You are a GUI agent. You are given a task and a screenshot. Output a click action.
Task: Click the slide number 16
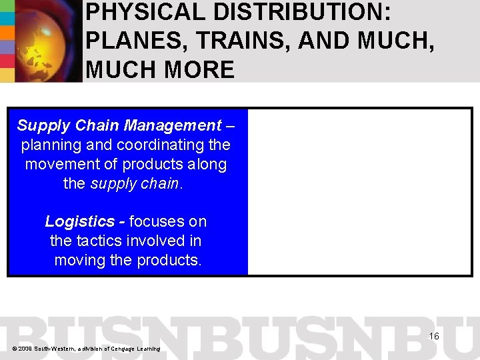[434, 336]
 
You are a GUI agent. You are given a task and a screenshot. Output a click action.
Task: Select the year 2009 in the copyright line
[25, 349]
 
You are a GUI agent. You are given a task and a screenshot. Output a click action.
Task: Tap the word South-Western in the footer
[55, 349]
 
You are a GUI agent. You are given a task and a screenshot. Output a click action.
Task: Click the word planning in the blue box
[50, 145]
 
